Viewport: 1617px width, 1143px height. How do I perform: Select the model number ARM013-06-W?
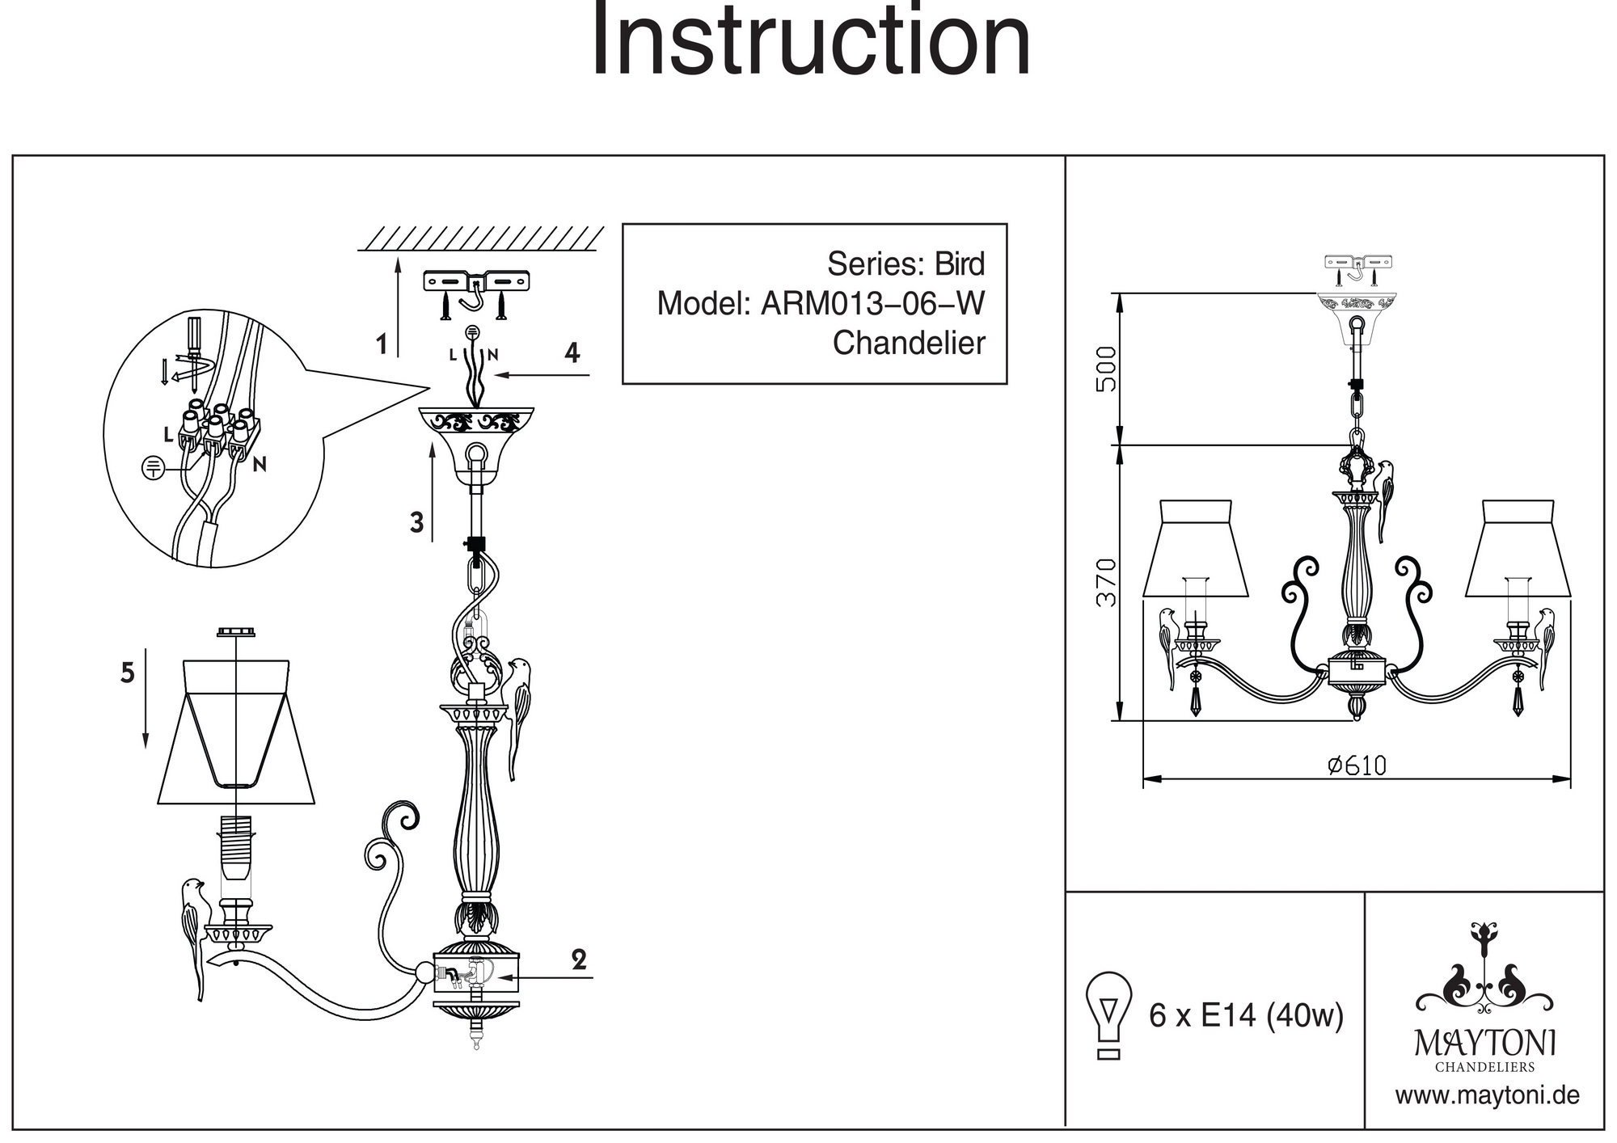[872, 304]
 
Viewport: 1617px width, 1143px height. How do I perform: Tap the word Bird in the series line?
[960, 264]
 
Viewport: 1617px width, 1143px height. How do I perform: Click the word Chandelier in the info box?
[909, 343]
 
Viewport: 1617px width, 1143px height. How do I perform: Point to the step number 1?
[382, 345]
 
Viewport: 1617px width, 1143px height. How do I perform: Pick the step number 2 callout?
[579, 960]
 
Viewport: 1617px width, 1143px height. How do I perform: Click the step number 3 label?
[416, 523]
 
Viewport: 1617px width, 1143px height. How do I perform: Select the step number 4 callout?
[572, 353]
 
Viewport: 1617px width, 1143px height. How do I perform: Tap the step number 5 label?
[128, 673]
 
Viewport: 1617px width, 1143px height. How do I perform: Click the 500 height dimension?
[1106, 369]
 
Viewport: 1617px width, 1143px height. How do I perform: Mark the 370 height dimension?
[1106, 582]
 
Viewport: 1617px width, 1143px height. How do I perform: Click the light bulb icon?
[1109, 1014]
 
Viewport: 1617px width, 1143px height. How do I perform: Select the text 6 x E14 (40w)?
[1246, 1015]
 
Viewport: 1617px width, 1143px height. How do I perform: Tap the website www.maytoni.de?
[1487, 1096]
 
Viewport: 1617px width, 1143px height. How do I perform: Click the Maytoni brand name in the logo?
[1485, 1043]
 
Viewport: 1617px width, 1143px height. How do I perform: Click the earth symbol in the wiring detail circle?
[154, 467]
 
